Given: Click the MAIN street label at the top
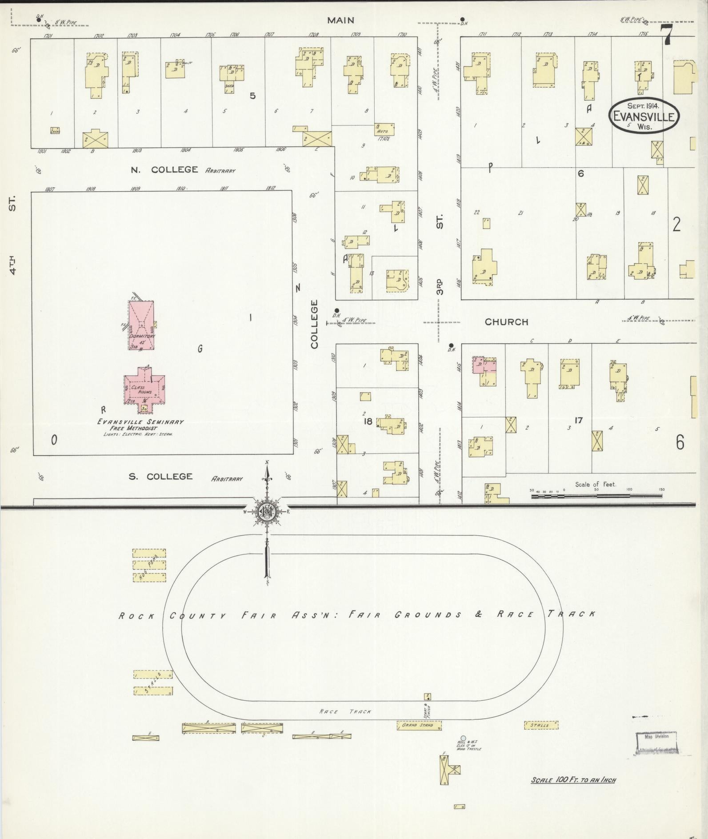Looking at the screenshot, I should [x=341, y=20].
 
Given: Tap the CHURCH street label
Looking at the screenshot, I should [x=506, y=322].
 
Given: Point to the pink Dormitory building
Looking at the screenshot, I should [x=141, y=325].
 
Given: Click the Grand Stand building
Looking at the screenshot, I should [x=419, y=725].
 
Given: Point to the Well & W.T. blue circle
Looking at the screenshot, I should [x=464, y=739].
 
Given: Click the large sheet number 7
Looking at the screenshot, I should [x=666, y=35].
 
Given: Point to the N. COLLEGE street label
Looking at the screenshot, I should [x=164, y=169].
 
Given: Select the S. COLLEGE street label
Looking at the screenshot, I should [x=160, y=476].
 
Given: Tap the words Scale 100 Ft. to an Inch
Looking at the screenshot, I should [x=573, y=779].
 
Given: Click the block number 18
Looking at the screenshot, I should [x=368, y=421].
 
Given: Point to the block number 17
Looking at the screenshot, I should [x=578, y=420].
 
